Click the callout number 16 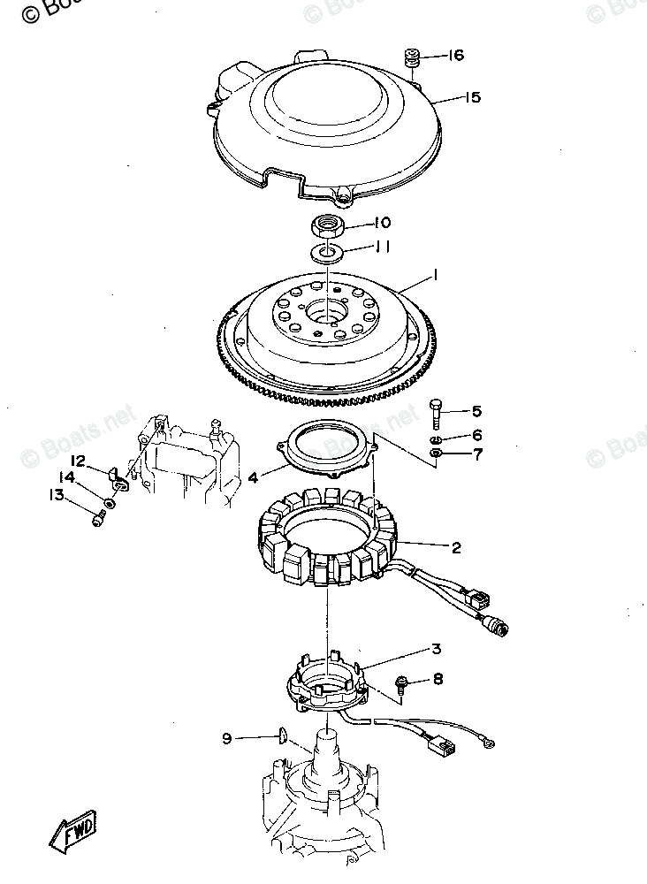coord(455,56)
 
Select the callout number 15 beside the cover coord(472,97)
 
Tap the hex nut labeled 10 coord(327,227)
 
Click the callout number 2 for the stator coord(456,548)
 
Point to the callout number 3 coord(436,649)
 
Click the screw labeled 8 coord(402,681)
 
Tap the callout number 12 coord(78,461)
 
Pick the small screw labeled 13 coord(97,521)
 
